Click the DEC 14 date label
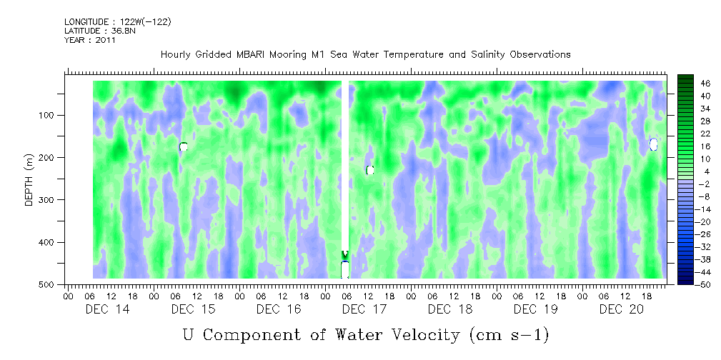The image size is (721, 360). [106, 309]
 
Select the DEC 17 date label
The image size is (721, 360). [364, 309]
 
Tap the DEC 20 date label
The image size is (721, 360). [622, 309]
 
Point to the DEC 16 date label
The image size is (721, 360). [279, 309]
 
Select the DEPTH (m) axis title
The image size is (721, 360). [29, 183]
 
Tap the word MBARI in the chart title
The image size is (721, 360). [263, 55]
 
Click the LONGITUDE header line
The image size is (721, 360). [117, 22]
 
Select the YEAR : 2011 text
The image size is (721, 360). [89, 40]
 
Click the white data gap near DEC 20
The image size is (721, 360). [653, 144]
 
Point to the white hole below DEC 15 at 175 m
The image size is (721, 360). [184, 146]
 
